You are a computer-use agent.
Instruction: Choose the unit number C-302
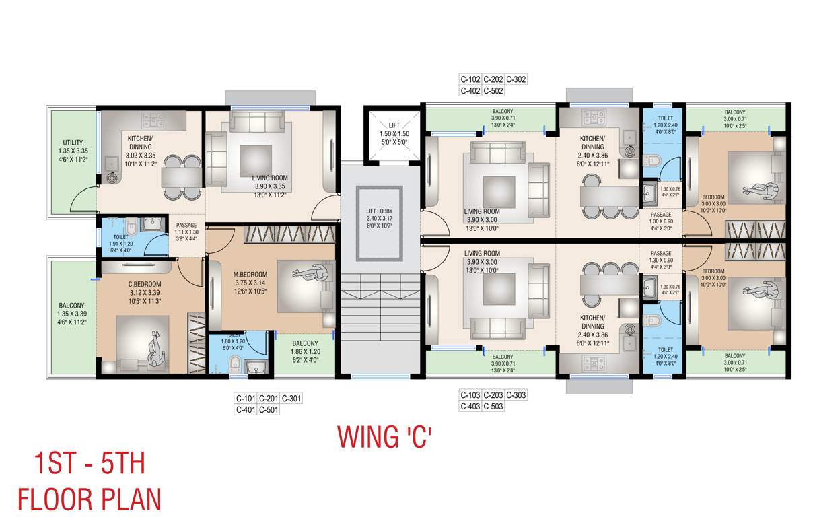pyautogui.click(x=516, y=79)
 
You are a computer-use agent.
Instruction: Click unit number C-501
pyautogui.click(x=269, y=410)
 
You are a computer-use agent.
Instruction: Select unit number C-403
pyautogui.click(x=470, y=406)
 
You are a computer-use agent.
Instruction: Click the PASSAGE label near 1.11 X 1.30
pyautogui.click(x=186, y=226)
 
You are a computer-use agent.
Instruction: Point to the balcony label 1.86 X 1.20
pyautogui.click(x=305, y=343)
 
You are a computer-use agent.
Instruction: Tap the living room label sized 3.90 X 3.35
pyautogui.click(x=271, y=178)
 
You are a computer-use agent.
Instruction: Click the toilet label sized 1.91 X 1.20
pyautogui.click(x=121, y=237)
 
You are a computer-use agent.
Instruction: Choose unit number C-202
pyautogui.click(x=493, y=79)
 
